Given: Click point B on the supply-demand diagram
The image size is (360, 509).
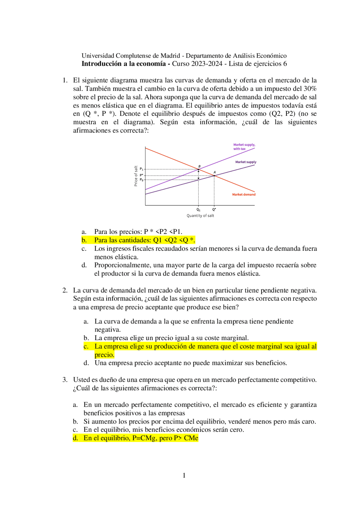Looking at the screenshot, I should [199, 169].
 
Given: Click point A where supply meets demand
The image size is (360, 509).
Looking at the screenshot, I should [214, 175].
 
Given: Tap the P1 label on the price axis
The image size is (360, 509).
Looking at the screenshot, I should [141, 169].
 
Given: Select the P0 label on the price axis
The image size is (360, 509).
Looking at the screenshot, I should [141, 180].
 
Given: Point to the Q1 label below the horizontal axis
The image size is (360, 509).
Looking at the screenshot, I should [198, 210].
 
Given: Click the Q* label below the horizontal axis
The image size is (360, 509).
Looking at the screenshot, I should [214, 210].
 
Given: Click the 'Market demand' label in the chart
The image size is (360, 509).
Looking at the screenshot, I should [244, 194].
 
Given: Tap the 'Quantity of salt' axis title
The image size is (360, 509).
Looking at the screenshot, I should [200, 216].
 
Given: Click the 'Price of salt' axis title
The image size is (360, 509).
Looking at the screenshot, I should [136, 176].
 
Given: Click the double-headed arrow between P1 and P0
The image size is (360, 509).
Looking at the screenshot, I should [199, 175].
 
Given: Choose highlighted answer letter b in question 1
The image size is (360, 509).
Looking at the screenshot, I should [84, 240].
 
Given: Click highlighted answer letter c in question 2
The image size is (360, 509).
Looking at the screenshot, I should [86, 347].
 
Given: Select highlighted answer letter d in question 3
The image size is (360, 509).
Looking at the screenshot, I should [75, 438].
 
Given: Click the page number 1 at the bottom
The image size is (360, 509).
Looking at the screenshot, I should [184, 476].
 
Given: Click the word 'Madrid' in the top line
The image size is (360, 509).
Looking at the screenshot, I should [170, 56].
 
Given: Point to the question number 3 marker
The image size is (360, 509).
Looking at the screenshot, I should [65, 380].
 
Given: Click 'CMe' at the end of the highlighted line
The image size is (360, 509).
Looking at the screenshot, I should [191, 438].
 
